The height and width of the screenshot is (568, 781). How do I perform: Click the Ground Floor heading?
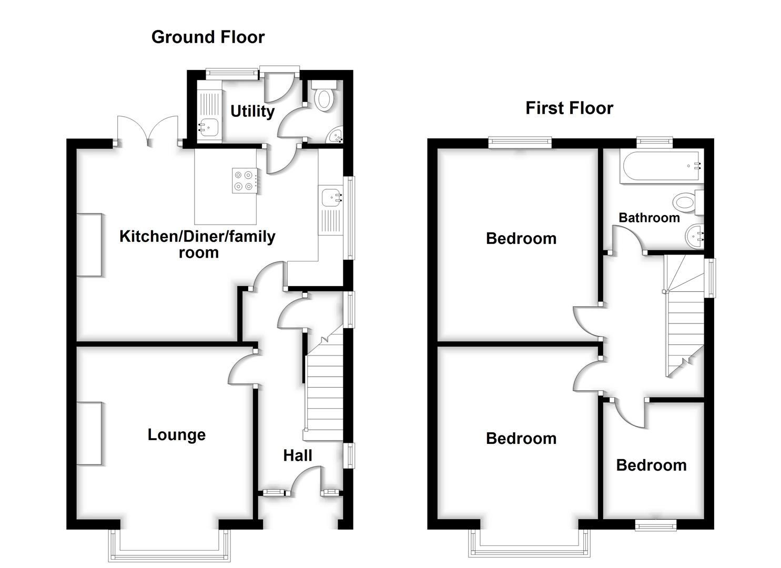pyautogui.click(x=208, y=37)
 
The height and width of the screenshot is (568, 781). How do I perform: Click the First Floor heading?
pyautogui.click(x=569, y=108)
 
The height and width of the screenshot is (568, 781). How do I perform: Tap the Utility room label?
pyautogui.click(x=252, y=111)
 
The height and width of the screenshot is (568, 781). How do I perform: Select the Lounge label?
pyautogui.click(x=176, y=435)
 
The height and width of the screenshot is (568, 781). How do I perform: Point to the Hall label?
pyautogui.click(x=298, y=455)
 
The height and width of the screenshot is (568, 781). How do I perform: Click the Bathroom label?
pyautogui.click(x=649, y=218)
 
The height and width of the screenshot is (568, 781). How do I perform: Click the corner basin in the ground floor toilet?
pyautogui.click(x=335, y=136)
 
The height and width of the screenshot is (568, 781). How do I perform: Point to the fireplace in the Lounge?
pyautogui.click(x=89, y=433)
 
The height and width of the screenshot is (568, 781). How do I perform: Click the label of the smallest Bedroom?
pyautogui.click(x=651, y=465)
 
